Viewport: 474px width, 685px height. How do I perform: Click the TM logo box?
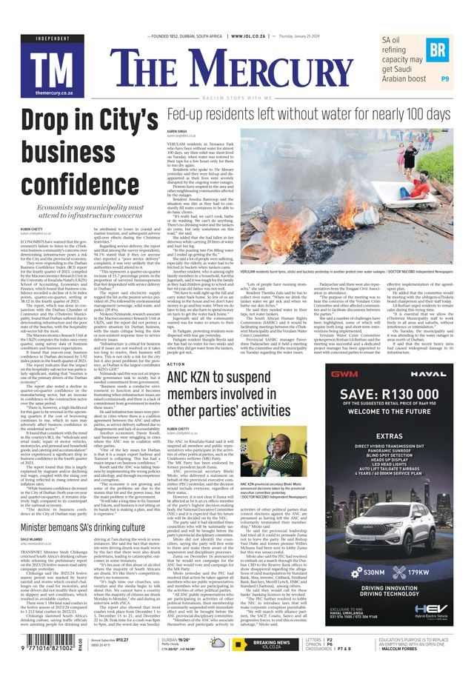coord(47,68)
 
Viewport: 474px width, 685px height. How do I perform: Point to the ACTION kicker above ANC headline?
coord(176,364)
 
